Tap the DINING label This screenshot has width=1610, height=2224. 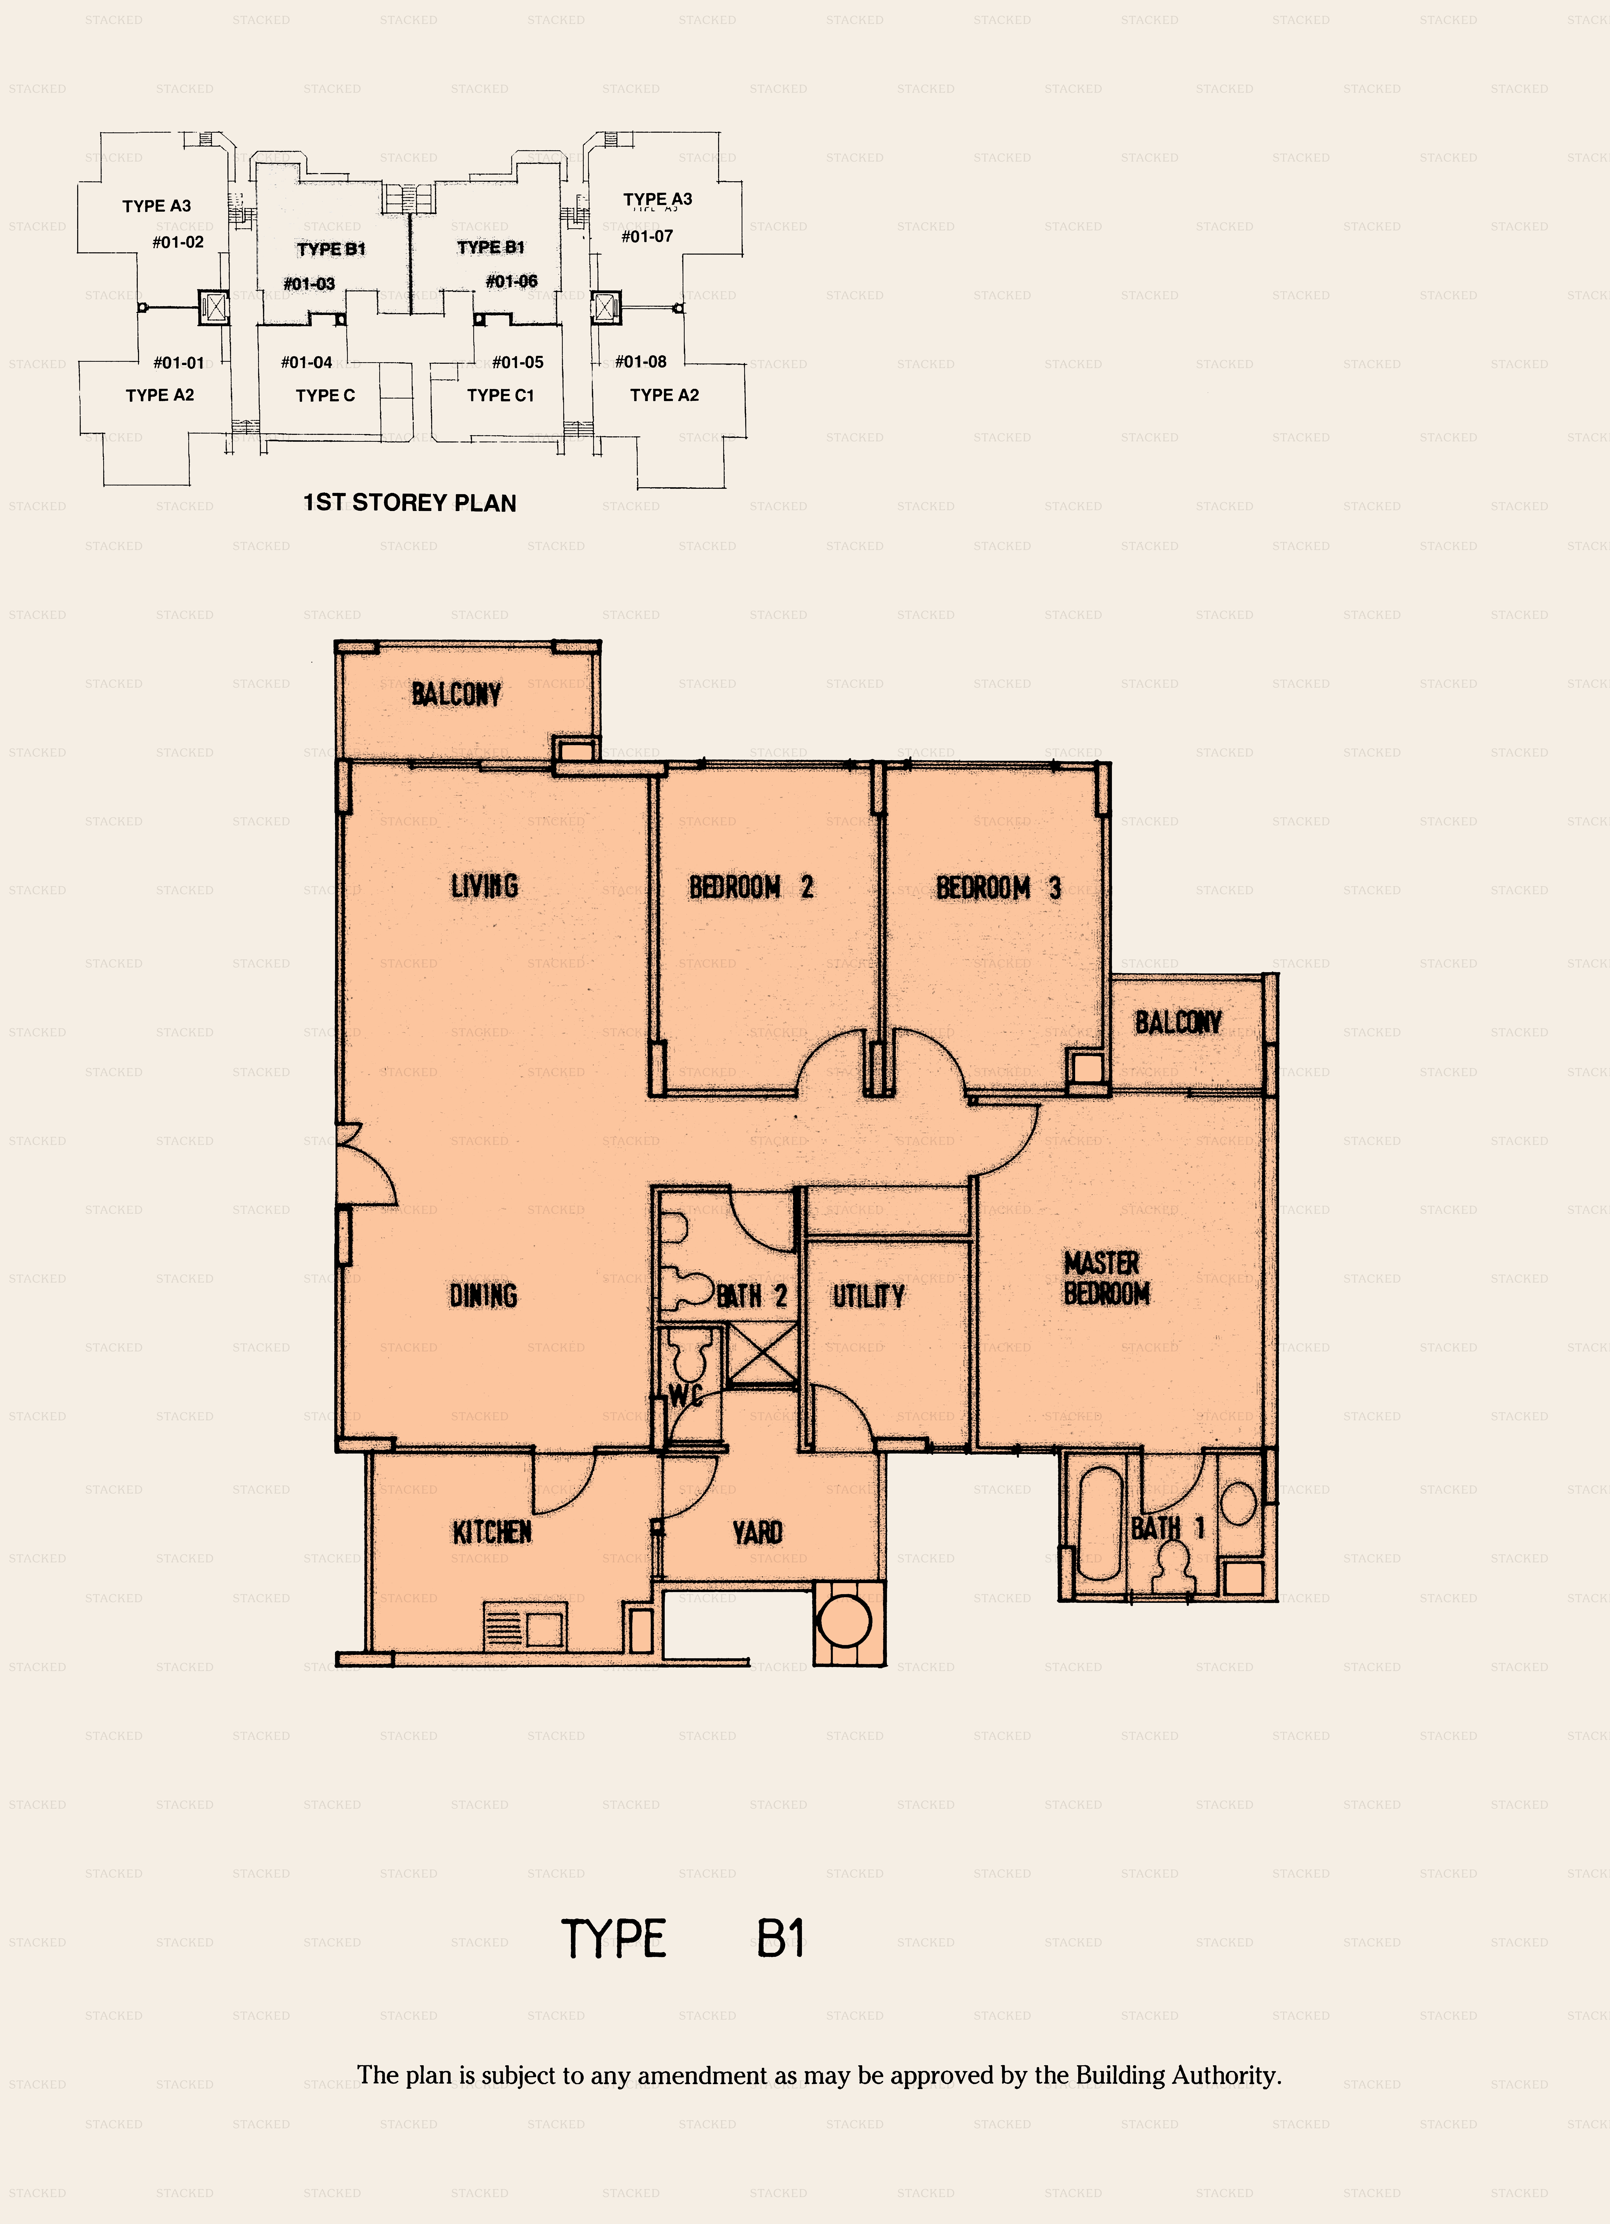click(484, 1295)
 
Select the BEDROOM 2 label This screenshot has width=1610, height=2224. click(751, 888)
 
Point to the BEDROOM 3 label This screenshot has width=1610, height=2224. click(998, 888)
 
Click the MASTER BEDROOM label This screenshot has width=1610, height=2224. click(1106, 1278)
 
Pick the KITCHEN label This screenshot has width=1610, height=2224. click(492, 1532)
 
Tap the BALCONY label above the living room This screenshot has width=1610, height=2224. click(456, 694)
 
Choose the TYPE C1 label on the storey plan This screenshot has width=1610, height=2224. click(500, 395)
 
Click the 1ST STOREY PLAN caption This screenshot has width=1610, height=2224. click(410, 503)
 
